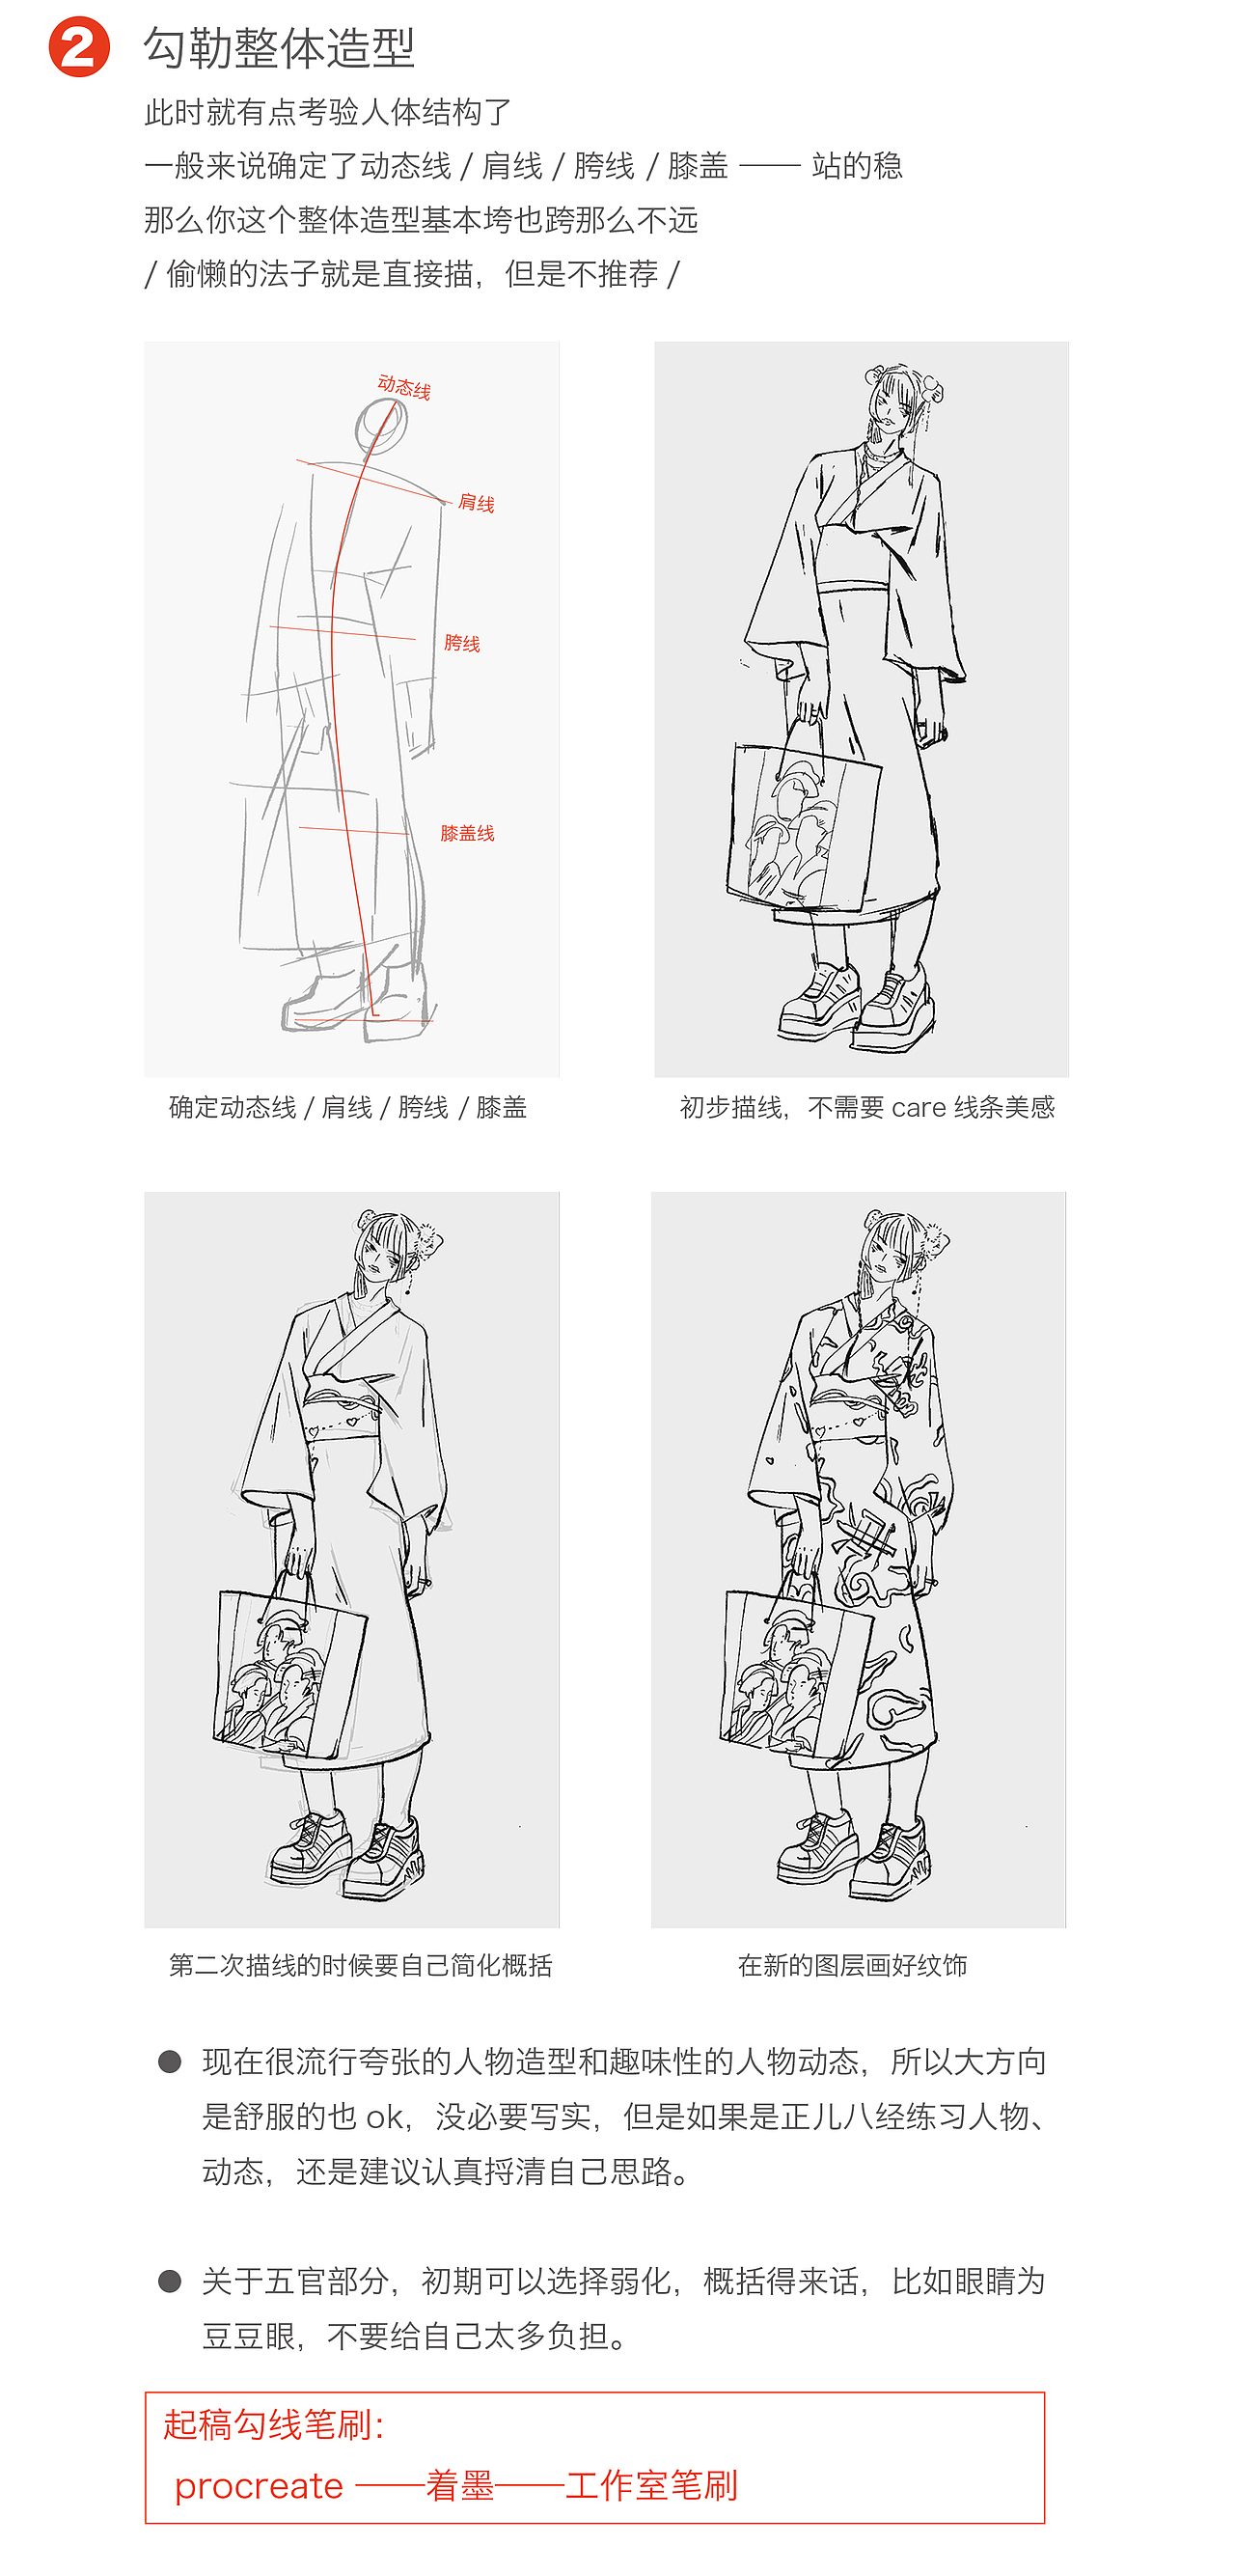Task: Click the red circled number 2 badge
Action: pos(79,47)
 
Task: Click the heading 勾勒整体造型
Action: pos(279,48)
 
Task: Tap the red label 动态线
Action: pos(403,388)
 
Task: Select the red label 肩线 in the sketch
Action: pos(476,503)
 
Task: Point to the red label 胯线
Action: pos(461,642)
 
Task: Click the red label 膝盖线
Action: pos(466,833)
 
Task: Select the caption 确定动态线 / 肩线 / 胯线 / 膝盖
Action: pos(347,1107)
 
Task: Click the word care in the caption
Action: pos(919,1107)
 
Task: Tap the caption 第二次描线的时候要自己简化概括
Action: pos(360,1965)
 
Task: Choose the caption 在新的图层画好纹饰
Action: pos(852,1965)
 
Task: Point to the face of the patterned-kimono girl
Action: pos(888,1259)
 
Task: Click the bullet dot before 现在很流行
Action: pos(170,2061)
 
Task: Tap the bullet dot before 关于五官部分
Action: pos(170,2281)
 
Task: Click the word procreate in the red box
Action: pos(259,2485)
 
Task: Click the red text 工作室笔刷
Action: pos(651,2485)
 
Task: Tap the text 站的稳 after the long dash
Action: pos(857,165)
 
